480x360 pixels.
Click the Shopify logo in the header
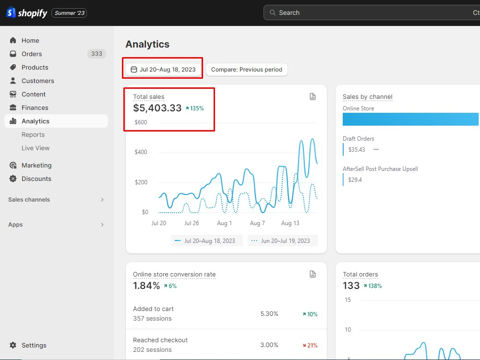[x=26, y=13]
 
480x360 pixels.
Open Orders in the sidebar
[x=32, y=54]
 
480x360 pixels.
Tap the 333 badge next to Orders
[x=97, y=54]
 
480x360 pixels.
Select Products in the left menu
[x=35, y=67]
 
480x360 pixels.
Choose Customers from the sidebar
[x=37, y=81]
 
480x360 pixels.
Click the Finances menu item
[x=35, y=108]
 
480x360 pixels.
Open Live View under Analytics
[x=36, y=148]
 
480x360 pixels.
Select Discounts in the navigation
[x=36, y=179]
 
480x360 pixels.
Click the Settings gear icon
[x=13, y=345]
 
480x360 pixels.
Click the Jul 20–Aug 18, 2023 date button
[x=163, y=70]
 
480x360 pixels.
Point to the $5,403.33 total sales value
[x=157, y=108]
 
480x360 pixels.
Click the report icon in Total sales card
[x=312, y=97]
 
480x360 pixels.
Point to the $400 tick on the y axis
[x=141, y=152]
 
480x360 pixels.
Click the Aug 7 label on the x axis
[x=257, y=223]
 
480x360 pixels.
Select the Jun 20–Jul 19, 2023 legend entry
[x=283, y=240]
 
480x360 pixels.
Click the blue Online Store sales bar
[x=410, y=119]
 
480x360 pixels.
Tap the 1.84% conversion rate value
[x=146, y=286]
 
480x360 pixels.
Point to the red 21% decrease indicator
[x=310, y=345]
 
